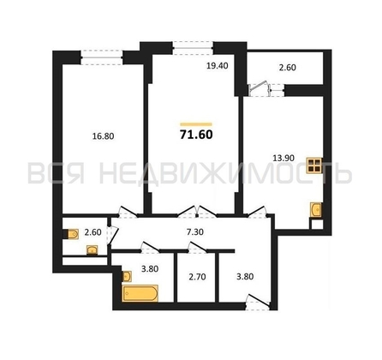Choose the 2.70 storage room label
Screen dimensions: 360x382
coord(196,276)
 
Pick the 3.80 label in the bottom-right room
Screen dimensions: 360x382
coord(243,276)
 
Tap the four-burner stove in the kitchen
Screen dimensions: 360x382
coord(317,167)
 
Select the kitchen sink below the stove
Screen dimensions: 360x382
coord(318,210)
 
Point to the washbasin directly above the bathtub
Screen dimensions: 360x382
coord(126,276)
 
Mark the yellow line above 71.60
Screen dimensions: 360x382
coord(196,122)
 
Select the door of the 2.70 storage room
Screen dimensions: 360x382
coord(196,248)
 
